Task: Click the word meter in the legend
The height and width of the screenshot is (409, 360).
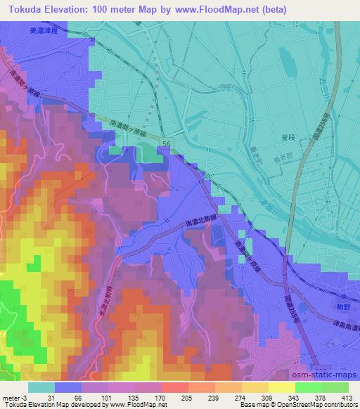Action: tap(11, 397)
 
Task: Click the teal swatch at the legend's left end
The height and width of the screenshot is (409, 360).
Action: tap(41, 387)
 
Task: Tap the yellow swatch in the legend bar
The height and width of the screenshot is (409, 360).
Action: tap(281, 387)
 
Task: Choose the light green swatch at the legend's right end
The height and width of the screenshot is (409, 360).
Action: tap(335, 387)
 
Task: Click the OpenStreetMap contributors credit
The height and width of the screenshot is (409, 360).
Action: tap(320, 405)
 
